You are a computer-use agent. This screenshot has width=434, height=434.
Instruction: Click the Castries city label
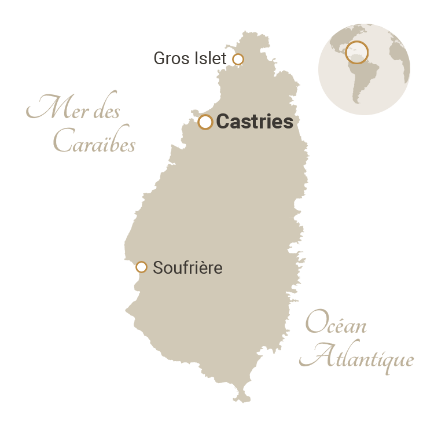click(254, 122)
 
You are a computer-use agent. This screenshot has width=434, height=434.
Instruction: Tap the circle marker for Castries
click(205, 122)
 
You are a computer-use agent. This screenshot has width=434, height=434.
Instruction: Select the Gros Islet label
click(190, 58)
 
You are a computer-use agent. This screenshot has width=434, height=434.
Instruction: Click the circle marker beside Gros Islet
click(238, 59)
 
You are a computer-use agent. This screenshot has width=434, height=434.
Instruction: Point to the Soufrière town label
click(187, 268)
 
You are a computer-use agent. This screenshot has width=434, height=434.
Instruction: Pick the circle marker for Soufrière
click(141, 267)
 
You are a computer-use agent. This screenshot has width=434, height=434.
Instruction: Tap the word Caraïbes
click(94, 142)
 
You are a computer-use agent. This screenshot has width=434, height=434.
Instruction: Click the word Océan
click(336, 324)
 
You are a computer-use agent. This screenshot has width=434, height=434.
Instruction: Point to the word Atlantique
click(360, 358)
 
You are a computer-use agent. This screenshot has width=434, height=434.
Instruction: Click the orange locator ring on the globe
click(356, 52)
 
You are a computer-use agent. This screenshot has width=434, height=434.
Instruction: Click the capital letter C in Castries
click(222, 122)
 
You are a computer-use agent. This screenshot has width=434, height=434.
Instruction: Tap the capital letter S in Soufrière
click(157, 268)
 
